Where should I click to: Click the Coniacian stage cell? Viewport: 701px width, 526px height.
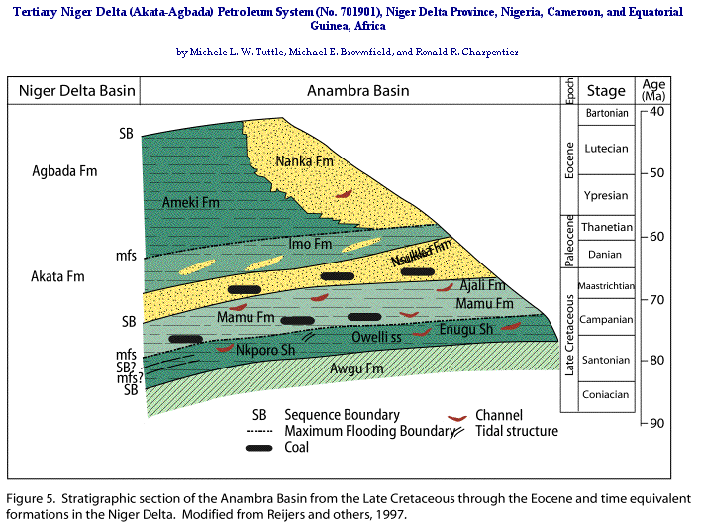point(607,395)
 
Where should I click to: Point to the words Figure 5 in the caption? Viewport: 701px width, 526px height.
point(34,497)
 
